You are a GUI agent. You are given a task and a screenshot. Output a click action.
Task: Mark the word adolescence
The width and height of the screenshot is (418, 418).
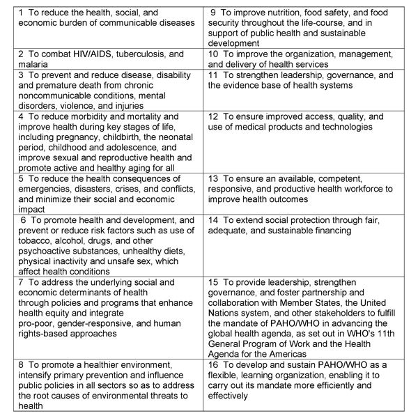tap(137, 148)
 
